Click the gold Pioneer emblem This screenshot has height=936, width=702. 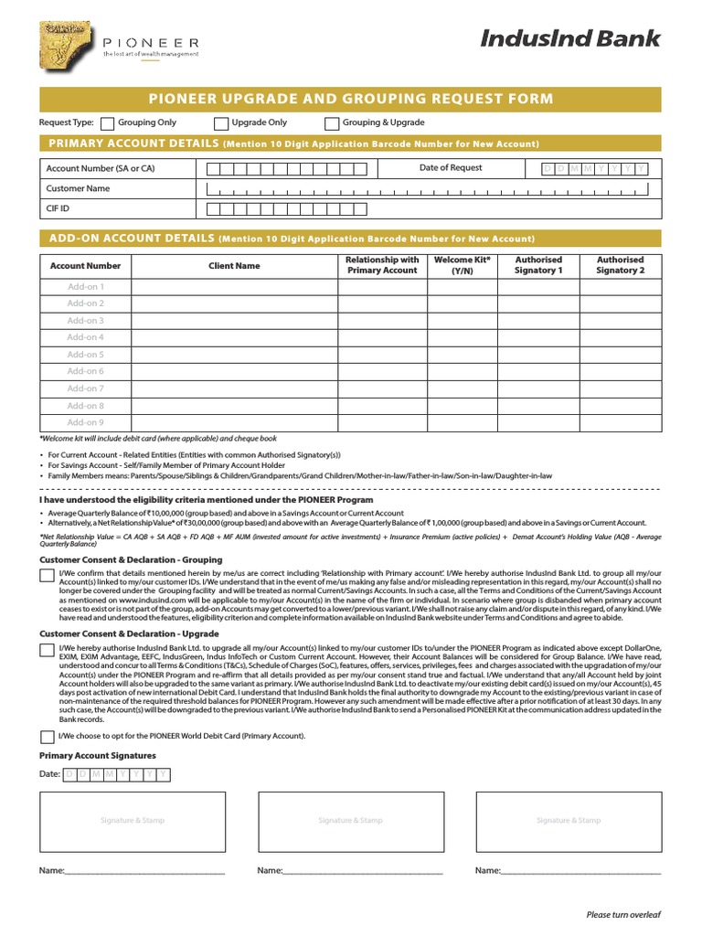point(66,47)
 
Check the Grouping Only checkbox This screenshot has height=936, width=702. point(107,123)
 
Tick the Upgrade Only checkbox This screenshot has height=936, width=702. point(221,123)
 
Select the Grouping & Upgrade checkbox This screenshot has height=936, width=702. point(332,123)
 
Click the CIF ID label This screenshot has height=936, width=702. point(58,208)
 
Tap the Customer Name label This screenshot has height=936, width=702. point(78,188)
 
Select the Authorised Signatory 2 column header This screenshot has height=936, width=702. point(620,265)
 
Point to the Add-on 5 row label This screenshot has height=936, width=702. point(86,355)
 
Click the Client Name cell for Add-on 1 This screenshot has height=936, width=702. point(234,287)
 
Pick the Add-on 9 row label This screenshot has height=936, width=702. point(86,422)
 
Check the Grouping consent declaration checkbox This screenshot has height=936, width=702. point(47,575)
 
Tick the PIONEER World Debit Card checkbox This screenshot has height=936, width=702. point(47,737)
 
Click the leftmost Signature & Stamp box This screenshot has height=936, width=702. point(132,821)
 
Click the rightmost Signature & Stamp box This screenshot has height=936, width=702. point(569,821)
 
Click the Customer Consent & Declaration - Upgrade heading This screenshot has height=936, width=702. point(129,633)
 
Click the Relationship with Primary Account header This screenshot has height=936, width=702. point(382,265)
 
